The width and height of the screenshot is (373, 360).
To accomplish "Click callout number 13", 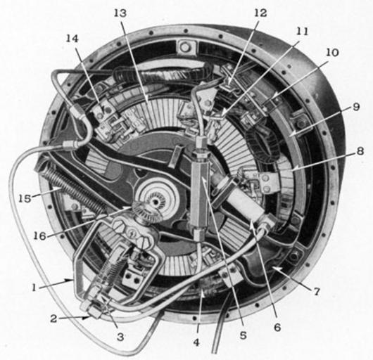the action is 120,13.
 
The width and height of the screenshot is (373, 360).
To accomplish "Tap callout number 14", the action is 72,39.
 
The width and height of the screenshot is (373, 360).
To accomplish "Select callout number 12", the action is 260,13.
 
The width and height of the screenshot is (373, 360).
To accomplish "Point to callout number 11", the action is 302,32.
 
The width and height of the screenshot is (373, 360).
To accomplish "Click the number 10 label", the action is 333,53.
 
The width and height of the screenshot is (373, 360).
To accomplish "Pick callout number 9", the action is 355,107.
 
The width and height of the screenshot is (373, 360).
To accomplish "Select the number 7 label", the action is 316,291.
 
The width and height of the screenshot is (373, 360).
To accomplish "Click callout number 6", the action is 277,328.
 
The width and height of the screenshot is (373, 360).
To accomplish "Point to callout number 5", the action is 243,335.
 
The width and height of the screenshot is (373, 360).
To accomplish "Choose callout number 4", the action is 196,342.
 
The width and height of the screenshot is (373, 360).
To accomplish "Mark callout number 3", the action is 120,337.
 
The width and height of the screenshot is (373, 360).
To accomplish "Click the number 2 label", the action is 53,319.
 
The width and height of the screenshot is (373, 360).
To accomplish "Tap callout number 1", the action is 34,288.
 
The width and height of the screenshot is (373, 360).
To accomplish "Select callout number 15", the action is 25,199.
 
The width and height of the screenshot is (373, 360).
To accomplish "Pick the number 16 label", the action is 39,236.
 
